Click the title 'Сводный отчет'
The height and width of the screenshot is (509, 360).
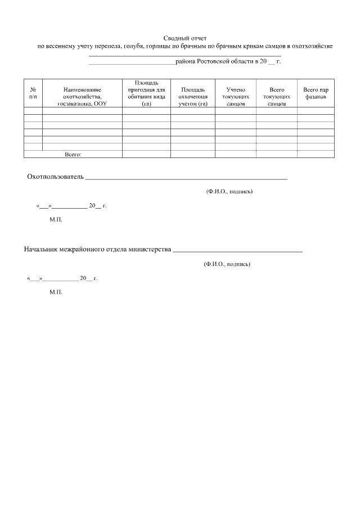[x=185, y=38]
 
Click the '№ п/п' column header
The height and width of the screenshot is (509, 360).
[x=33, y=93]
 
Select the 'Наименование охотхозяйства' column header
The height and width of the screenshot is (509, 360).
[x=82, y=97]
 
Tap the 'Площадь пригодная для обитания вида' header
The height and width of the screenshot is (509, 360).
[x=146, y=93]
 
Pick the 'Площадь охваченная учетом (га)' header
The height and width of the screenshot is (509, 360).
[x=193, y=97]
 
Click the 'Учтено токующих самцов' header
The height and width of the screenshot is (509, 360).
[x=236, y=97]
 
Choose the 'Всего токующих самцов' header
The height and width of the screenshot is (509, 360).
[x=277, y=97]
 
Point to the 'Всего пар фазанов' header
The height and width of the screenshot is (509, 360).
[x=316, y=93]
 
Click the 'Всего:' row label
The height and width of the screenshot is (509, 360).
[x=74, y=154]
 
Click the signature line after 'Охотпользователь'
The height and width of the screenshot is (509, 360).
[x=186, y=178]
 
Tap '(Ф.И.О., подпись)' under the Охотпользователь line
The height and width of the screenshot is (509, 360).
[x=229, y=192]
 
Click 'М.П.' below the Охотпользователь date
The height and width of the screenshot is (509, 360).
[x=56, y=219]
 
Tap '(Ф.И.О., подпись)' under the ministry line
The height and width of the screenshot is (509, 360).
[x=227, y=264]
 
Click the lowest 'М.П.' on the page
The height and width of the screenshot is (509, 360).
[x=56, y=292]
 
